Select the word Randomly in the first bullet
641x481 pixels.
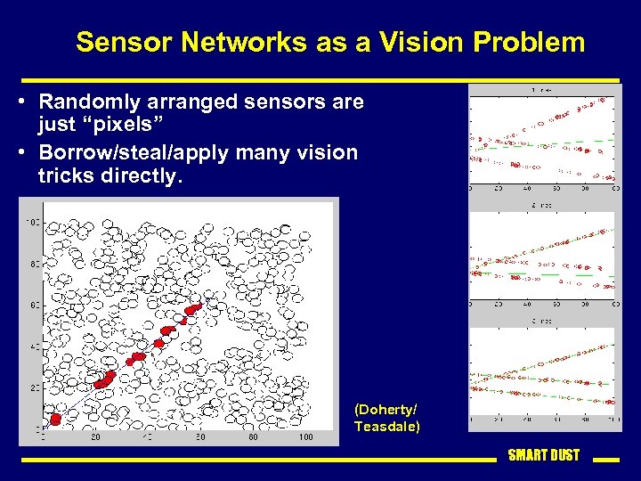point(91,102)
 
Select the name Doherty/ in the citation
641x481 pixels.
point(385,409)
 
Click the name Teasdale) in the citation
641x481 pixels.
point(386,426)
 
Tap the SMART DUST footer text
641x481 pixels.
point(543,455)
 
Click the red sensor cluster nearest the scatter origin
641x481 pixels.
point(55,419)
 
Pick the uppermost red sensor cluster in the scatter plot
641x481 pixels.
point(192,309)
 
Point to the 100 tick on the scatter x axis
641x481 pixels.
point(305,437)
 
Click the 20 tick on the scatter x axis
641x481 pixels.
point(95,437)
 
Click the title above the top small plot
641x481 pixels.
point(542,90)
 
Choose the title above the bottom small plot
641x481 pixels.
point(542,321)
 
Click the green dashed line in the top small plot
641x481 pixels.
point(588,142)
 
